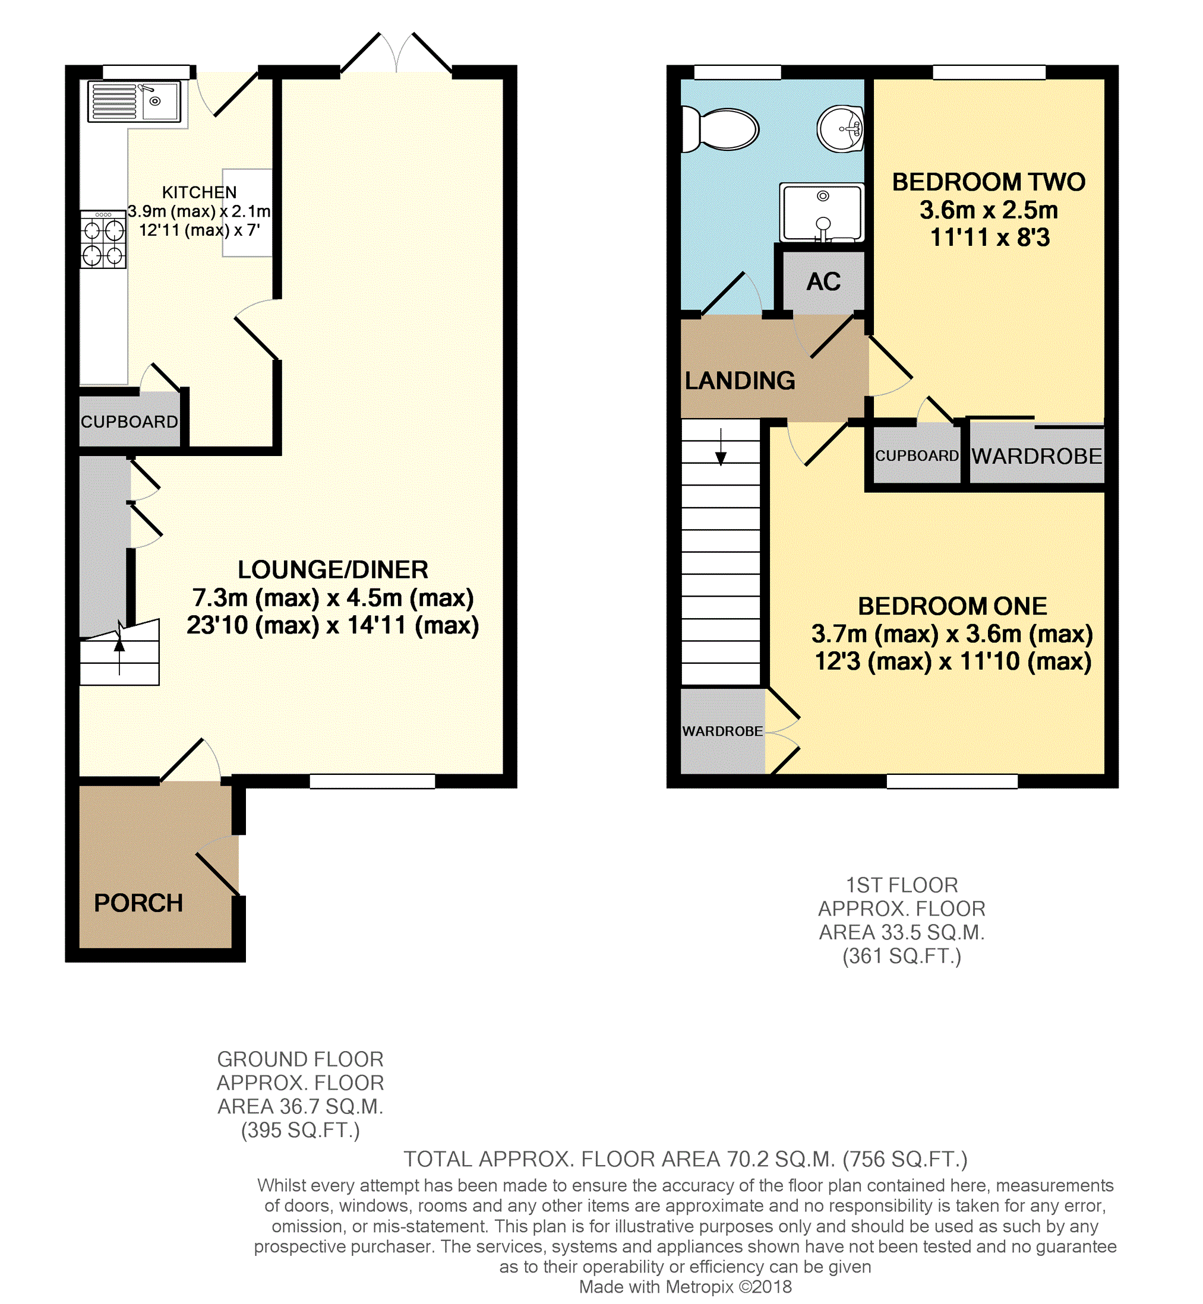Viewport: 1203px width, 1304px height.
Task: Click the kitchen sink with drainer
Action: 135,102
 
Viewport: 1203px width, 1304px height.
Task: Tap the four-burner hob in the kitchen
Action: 103,239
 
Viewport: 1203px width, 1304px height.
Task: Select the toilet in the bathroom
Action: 720,129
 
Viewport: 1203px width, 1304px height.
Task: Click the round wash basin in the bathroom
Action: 841,129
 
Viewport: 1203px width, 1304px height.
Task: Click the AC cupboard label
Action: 823,281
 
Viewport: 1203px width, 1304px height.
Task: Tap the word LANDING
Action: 740,381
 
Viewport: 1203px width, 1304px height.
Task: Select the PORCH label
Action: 138,903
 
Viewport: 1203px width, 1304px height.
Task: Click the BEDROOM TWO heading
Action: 989,182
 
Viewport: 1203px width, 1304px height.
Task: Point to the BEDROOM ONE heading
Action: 952,606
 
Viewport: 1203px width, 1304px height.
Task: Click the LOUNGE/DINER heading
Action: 333,570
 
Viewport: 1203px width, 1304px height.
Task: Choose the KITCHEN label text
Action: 199,192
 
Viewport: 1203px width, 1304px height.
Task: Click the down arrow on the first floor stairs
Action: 721,447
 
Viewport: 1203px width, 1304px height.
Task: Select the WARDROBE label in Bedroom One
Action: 722,732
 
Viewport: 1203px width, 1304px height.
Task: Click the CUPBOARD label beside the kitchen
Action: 130,422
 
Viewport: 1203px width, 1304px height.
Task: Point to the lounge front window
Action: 372,781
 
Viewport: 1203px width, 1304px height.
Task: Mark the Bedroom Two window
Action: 990,72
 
